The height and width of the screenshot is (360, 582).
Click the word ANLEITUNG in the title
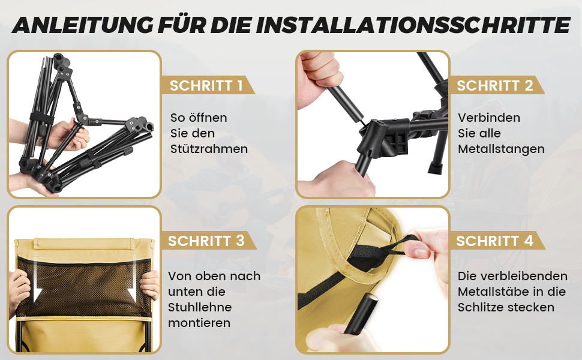(82, 25)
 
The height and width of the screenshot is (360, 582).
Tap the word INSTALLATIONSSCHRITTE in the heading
(412, 25)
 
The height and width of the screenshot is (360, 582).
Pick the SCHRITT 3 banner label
(206, 241)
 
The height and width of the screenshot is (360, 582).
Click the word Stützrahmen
(209, 149)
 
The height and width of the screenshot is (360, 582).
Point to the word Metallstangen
(501, 149)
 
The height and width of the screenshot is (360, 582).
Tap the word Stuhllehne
(200, 307)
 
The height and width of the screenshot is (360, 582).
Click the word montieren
(199, 323)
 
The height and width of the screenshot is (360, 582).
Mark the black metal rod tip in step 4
(371, 296)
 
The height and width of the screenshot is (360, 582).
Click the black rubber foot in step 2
(436, 168)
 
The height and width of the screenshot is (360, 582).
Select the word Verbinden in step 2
(489, 118)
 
